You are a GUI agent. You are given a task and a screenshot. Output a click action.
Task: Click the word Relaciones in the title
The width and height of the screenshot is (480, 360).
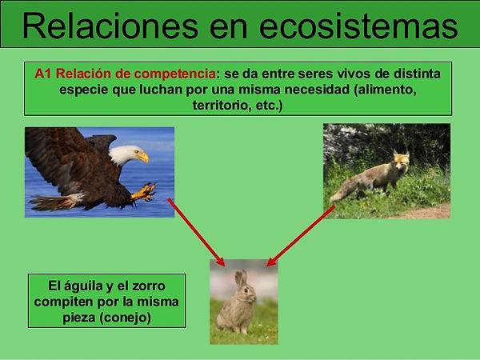[x=110, y=26]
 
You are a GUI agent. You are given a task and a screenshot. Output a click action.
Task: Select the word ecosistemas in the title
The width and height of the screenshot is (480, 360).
[x=358, y=26]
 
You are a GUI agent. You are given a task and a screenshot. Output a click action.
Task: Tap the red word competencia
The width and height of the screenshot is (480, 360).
[x=174, y=74]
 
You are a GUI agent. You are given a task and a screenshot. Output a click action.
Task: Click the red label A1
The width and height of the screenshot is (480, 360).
[x=43, y=74]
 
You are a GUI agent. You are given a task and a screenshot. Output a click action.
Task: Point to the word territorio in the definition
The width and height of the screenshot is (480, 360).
[x=222, y=106]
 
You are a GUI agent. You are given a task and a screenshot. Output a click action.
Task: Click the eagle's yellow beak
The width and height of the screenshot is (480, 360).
[x=143, y=158]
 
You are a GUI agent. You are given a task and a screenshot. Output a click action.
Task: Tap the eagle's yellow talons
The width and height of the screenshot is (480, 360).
[x=144, y=192]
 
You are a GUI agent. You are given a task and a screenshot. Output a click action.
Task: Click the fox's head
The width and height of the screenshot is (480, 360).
[x=401, y=161]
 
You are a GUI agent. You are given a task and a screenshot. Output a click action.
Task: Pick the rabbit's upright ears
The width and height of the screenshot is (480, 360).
[x=241, y=278]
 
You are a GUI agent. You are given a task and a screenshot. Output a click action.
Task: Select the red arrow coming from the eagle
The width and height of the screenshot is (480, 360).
[x=196, y=232]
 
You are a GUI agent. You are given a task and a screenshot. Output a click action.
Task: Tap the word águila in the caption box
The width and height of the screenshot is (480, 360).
[x=82, y=286]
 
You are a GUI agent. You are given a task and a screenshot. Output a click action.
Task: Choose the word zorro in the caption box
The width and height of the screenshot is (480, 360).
[x=149, y=286]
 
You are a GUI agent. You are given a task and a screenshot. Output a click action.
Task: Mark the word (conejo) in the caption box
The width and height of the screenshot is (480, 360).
[x=126, y=318]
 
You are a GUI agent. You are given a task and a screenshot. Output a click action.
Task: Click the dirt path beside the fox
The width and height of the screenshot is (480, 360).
[x=429, y=212]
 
